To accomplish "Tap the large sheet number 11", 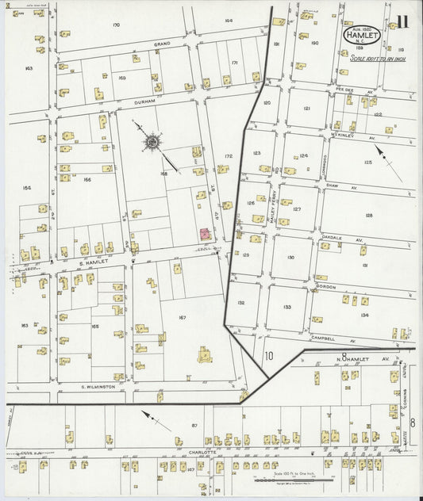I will (x=402, y=21).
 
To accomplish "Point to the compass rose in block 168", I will (x=151, y=142).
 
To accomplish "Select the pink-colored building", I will (x=204, y=234).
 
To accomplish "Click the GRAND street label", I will (x=163, y=44).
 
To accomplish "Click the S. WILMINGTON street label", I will (x=98, y=387).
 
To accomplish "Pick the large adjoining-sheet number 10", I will (x=269, y=355).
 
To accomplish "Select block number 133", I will (x=286, y=307).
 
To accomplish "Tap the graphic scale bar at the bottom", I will (x=294, y=480).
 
